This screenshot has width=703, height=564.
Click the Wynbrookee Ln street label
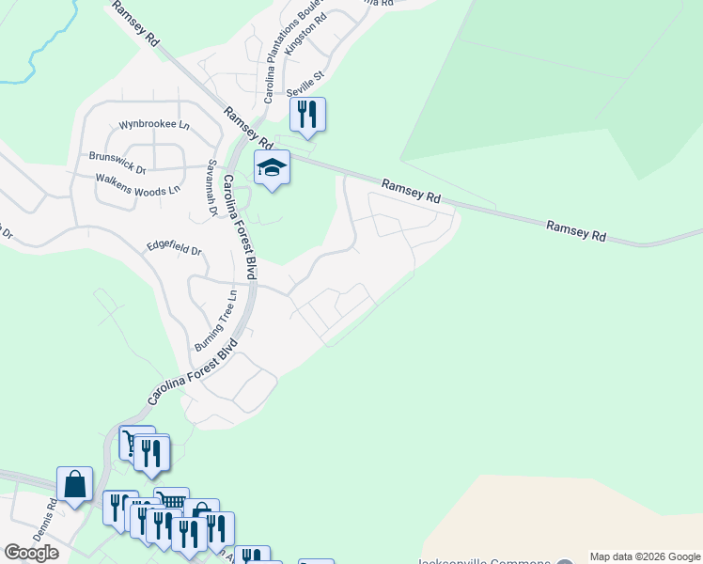pyautogui.click(x=154, y=125)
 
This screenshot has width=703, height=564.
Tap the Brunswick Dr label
pyautogui.click(x=117, y=157)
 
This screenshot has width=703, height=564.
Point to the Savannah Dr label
pyautogui.click(x=212, y=188)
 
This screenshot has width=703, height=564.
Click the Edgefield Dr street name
pyautogui.click(x=175, y=250)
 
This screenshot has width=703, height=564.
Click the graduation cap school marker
pyautogui.click(x=272, y=167)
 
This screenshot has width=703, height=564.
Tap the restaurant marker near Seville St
pyautogui.click(x=307, y=115)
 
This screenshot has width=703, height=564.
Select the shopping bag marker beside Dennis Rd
pyautogui.click(x=75, y=485)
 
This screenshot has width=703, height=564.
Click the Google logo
pyautogui.click(x=31, y=553)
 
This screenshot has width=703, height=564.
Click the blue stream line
pyautogui.click(x=39, y=56)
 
